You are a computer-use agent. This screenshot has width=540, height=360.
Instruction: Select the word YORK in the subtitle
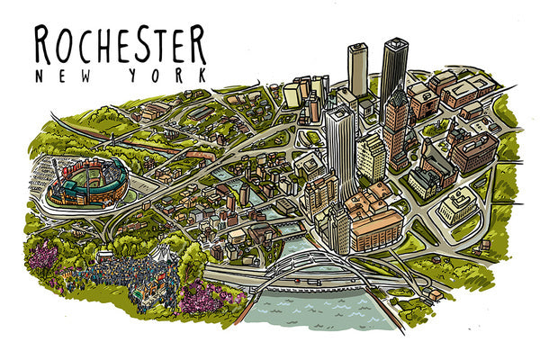170,76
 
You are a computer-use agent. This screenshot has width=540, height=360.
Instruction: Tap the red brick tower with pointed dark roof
396,121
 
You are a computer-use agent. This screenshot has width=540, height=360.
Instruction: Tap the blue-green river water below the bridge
315,310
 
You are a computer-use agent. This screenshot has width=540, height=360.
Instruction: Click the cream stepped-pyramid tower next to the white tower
371,157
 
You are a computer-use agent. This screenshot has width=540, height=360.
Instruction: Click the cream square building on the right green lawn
459,207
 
